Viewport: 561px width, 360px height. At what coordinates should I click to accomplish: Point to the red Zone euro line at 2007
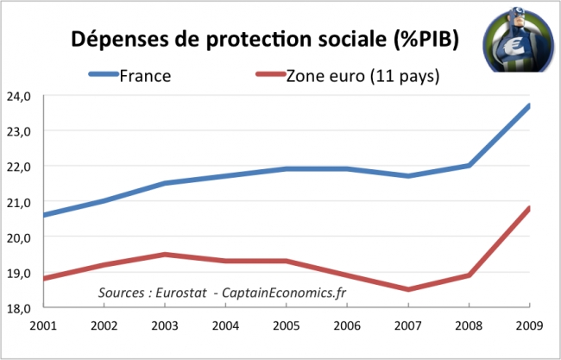[407, 289]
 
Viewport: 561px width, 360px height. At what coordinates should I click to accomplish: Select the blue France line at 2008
[469, 166]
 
